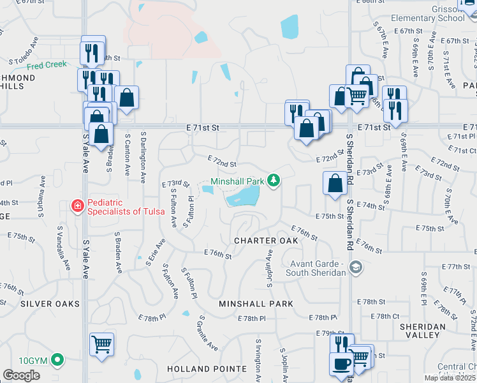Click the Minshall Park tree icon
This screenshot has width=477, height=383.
[274, 181]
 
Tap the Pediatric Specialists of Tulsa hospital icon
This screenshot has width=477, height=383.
[77, 206]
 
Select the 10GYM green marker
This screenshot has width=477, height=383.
[58, 360]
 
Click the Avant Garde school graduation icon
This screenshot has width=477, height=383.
[356, 269]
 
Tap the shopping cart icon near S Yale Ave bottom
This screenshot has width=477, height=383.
[101, 344]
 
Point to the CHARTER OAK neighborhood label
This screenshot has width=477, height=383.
[266, 241]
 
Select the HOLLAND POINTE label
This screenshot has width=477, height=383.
[207, 369]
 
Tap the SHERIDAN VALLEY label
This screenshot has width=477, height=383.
[422, 331]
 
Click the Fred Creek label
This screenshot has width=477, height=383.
[47, 65]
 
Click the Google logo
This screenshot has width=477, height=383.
[22, 375]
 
